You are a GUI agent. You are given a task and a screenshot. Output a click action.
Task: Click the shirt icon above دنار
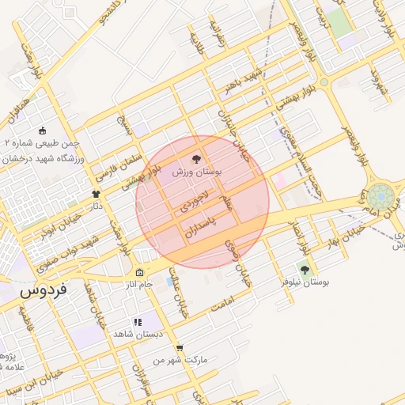point(97,194)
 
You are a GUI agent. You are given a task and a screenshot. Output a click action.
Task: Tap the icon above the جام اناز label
point(140,273)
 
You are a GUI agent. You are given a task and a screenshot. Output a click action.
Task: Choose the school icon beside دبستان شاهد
point(138,322)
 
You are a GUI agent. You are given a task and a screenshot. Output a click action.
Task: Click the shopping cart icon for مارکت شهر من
point(180,348)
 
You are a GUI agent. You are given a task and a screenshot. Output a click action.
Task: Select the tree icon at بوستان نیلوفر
point(305,270)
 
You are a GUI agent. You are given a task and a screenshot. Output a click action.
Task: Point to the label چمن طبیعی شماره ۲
point(40,143)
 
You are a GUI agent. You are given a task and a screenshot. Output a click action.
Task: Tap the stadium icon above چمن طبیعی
point(42,131)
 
